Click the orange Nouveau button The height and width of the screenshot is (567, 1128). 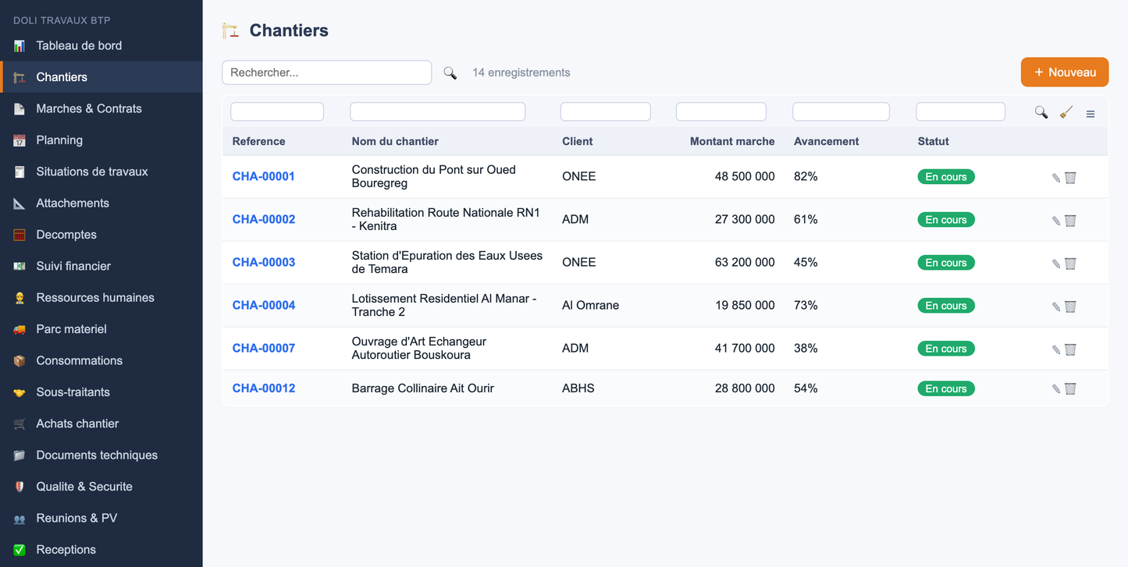(1065, 72)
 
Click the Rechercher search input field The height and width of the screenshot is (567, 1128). (327, 73)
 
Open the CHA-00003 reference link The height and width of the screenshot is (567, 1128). (263, 262)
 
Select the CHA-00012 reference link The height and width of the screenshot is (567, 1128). (263, 388)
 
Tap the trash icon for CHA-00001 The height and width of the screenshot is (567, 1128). (1070, 178)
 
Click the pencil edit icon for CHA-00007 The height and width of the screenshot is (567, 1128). (1056, 349)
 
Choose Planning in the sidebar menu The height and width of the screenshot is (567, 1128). (59, 140)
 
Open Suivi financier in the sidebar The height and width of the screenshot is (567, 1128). (73, 266)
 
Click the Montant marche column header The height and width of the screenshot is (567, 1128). (732, 141)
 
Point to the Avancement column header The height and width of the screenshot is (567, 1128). (827, 141)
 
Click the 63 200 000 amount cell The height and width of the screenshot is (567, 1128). (745, 262)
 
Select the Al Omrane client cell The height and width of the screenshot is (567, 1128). (591, 306)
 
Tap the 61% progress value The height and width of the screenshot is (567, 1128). (806, 219)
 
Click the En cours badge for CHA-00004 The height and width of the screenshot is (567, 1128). (946, 306)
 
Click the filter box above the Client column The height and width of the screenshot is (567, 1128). (605, 112)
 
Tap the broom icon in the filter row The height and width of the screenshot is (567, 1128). (1066, 112)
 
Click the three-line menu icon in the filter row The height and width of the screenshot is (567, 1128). (1091, 114)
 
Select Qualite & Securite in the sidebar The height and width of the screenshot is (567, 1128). (84, 487)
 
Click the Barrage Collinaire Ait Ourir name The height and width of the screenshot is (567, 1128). (422, 388)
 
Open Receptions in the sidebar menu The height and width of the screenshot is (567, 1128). (66, 549)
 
